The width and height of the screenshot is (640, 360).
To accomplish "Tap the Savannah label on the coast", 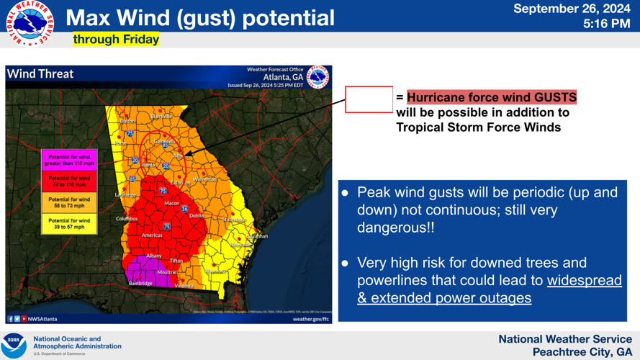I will (257, 236).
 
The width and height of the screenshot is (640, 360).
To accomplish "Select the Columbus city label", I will (127, 219).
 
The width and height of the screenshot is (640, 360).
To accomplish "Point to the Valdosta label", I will (184, 286).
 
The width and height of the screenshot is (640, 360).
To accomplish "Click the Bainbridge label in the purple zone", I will (140, 284).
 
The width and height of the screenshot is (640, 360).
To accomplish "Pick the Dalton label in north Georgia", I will (127, 121).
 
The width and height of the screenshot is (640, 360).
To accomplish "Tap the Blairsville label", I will (161, 116).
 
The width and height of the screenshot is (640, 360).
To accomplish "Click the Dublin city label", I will (197, 216).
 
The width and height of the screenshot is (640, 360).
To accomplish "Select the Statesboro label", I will (234, 220).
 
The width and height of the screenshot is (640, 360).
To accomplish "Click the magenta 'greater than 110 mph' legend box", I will (69, 160).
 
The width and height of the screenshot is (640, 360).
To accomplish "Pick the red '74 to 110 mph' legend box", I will (69, 181).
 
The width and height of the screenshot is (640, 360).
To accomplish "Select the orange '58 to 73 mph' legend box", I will (69, 202).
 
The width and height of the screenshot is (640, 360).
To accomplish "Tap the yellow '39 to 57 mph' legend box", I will (69, 224).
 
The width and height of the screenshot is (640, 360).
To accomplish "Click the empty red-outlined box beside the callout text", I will (369, 99).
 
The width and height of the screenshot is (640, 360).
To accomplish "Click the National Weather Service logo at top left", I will (30, 24).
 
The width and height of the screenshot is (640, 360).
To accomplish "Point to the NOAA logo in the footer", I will (14, 345).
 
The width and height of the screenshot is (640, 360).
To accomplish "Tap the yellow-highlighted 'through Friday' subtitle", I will (116, 39).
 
